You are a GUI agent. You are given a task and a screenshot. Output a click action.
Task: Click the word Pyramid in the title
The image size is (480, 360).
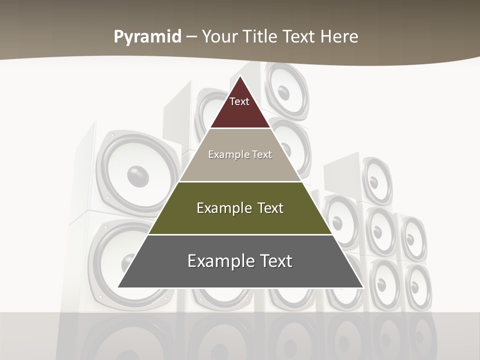tap(147, 37)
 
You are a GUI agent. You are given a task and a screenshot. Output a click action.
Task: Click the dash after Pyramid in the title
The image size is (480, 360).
tap(191, 37)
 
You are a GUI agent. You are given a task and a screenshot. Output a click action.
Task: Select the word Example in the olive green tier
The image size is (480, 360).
tap(223, 208)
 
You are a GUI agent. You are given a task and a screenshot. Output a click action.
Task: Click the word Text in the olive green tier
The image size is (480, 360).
tap(270, 208)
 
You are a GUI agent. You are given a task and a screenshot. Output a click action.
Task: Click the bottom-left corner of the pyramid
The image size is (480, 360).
tap(118, 287)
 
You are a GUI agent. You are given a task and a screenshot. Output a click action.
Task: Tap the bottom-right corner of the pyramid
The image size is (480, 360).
tap(362, 287)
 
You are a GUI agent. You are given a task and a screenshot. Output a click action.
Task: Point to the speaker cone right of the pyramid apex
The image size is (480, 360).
tap(284, 92)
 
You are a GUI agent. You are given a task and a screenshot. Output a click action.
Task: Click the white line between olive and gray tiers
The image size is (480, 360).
tap(240, 234)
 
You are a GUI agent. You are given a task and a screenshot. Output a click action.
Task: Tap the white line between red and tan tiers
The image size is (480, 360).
tap(240, 128)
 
